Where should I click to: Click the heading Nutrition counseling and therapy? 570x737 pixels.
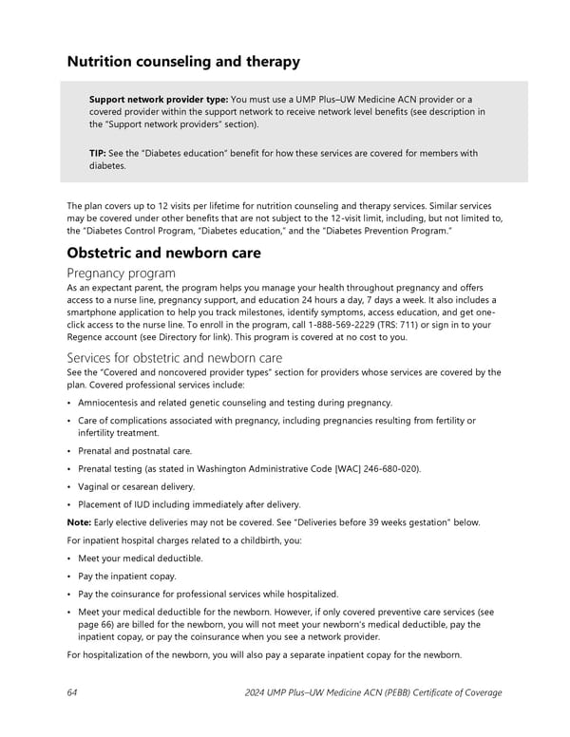coord(183,62)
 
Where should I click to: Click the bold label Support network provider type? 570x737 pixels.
coord(159,100)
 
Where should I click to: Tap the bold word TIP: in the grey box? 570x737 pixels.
coord(99,153)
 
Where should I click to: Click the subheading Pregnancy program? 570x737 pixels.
coord(122,274)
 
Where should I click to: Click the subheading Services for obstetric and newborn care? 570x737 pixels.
coord(175,358)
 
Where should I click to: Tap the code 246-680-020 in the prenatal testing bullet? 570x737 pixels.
coord(387,469)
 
